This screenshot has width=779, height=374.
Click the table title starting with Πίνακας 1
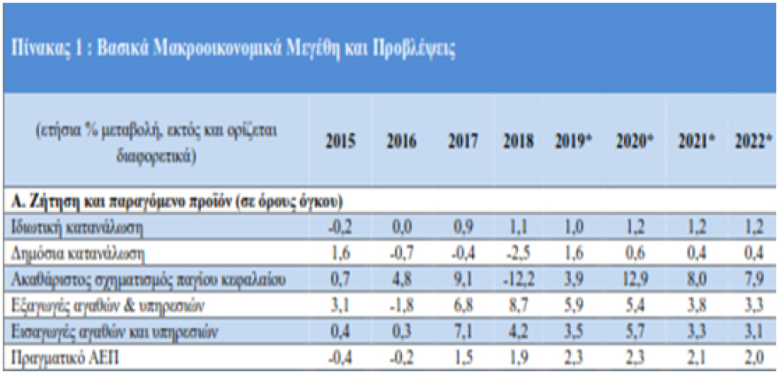[233, 49]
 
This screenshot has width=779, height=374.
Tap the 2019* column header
[575, 141]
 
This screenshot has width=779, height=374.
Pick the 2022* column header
[754, 141]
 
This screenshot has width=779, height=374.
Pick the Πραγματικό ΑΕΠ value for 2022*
[754, 358]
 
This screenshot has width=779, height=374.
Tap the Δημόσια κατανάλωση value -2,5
[517, 252]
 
